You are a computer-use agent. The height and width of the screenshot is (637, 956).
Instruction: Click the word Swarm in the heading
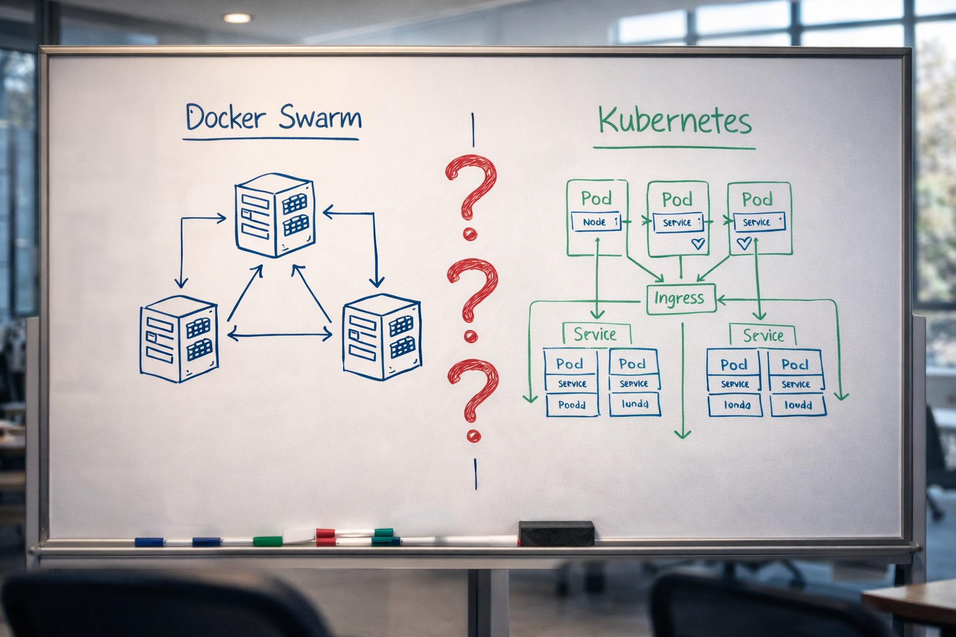click(x=319, y=117)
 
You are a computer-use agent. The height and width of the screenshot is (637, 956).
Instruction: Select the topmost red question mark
click(x=471, y=193)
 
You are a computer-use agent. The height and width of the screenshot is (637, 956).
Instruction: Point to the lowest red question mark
click(x=473, y=399)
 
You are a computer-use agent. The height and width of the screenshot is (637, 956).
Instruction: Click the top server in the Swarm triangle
click(x=274, y=215)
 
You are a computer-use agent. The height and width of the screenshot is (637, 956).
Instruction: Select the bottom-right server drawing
click(x=382, y=336)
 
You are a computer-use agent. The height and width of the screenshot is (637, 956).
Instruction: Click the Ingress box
click(x=680, y=299)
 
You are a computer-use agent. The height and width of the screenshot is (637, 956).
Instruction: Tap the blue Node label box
click(x=596, y=221)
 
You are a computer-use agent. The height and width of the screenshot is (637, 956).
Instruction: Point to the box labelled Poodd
click(x=571, y=405)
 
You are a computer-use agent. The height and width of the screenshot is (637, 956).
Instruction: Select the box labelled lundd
click(x=635, y=404)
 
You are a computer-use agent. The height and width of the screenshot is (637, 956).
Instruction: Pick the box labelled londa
click(x=736, y=405)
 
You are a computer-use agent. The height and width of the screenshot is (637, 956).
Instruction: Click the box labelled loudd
click(x=798, y=405)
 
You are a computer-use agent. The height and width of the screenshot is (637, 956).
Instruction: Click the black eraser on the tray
click(x=556, y=533)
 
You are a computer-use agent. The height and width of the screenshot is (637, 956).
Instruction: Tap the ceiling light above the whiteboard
click(x=237, y=18)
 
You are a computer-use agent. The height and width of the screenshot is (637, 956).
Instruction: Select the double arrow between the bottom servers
click(x=279, y=335)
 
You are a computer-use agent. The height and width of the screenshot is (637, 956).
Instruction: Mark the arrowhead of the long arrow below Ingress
click(x=683, y=433)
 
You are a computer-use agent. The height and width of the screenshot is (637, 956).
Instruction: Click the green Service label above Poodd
click(x=596, y=334)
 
